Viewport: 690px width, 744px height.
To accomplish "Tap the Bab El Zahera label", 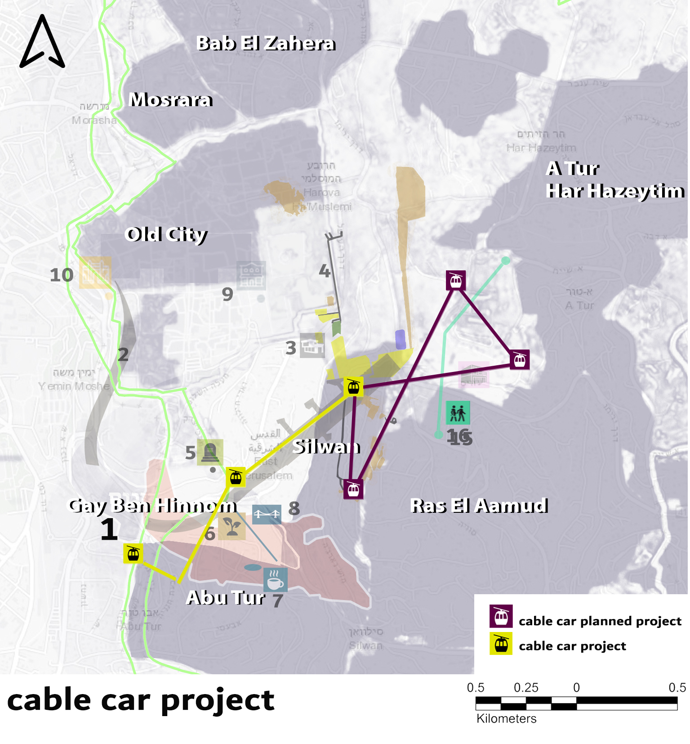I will pyautogui.click(x=266, y=44).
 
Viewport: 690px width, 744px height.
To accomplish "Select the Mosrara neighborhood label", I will pyautogui.click(x=170, y=100).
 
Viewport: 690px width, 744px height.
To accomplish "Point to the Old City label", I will pyautogui.click(x=166, y=234).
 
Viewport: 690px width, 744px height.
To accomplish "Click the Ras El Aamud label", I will pyautogui.click(x=479, y=506).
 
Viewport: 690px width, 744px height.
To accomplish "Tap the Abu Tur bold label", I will pyautogui.click(x=225, y=598).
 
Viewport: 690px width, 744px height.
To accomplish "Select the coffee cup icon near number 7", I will pyautogui.click(x=275, y=580).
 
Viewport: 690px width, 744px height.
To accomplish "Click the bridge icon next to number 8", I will pyautogui.click(x=267, y=514).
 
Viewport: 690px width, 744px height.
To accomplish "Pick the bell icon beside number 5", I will pyautogui.click(x=210, y=452).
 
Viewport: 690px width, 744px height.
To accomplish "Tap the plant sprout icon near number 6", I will pyautogui.click(x=231, y=526).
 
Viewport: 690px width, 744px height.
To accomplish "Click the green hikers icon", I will pyautogui.click(x=458, y=412).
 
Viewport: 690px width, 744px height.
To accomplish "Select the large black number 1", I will pyautogui.click(x=109, y=529).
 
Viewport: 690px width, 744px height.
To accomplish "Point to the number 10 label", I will pyautogui.click(x=62, y=275).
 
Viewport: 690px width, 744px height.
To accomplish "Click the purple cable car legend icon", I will pyautogui.click(x=501, y=616).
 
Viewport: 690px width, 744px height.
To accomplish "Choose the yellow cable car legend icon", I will pyautogui.click(x=501, y=644).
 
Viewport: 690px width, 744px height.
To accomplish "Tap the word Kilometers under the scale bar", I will pyautogui.click(x=506, y=719).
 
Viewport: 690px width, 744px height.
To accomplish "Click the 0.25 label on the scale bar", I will pyautogui.click(x=525, y=688).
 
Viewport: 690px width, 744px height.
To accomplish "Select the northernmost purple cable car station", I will pyautogui.click(x=455, y=281).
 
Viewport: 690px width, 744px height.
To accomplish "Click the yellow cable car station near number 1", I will pyautogui.click(x=133, y=553).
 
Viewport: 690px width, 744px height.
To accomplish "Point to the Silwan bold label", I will pyautogui.click(x=326, y=447).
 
